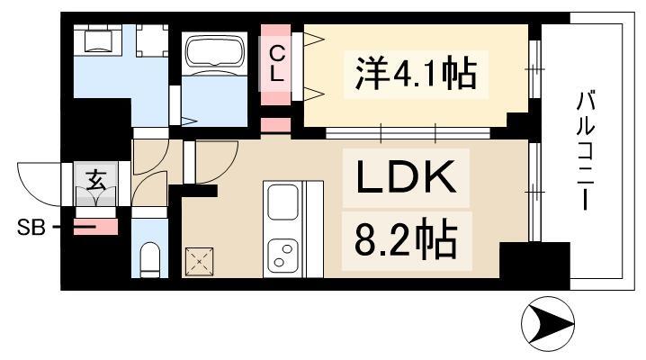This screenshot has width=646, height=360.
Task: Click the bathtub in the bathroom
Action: (214, 54)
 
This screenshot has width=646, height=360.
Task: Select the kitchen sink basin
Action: (283, 202)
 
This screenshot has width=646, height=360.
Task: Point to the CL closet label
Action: (276, 64)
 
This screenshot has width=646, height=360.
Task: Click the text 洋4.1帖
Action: (416, 75)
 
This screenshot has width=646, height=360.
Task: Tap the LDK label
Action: (406, 177)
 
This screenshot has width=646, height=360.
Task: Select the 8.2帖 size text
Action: (406, 241)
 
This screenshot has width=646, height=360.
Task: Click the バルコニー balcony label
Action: (585, 151)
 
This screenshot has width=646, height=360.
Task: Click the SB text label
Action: (31, 227)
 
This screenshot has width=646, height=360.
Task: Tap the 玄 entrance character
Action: (96, 180)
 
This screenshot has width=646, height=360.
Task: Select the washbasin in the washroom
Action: (98, 40)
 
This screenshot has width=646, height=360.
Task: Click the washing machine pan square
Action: (152, 40)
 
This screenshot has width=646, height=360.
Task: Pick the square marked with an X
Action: (199, 262)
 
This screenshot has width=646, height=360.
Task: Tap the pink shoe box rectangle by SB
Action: (95, 227)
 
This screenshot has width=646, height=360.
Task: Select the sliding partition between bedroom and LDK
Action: (408, 133)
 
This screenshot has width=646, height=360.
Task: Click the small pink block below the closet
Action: (276, 126)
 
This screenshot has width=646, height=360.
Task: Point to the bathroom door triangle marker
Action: (189, 121)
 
